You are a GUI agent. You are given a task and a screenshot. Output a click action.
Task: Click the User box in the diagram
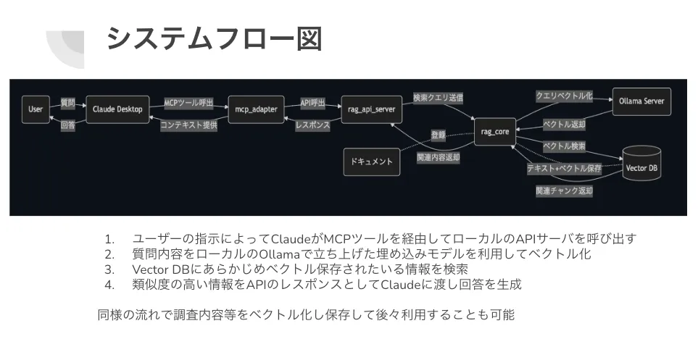[x=36, y=109]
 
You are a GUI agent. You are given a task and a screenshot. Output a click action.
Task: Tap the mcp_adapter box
[x=256, y=109]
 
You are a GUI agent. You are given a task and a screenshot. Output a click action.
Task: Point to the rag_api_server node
[x=367, y=109]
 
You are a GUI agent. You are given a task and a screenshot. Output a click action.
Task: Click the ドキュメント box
[x=371, y=161]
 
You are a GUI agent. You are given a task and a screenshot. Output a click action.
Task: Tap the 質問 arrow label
[x=67, y=103]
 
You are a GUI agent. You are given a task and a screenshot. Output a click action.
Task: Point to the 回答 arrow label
[x=67, y=125]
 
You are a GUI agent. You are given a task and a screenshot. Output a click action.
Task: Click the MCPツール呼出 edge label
[x=188, y=103]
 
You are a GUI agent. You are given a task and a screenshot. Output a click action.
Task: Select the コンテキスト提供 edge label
[x=188, y=125]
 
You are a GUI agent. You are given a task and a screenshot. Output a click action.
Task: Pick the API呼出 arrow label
[x=312, y=103]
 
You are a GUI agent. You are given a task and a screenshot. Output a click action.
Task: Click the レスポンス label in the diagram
[x=312, y=125]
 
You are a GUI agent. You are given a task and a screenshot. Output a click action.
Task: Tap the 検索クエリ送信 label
[x=437, y=96]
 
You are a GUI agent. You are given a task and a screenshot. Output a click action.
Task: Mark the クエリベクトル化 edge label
[x=564, y=95]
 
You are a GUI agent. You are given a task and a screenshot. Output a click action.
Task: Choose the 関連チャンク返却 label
[x=564, y=191]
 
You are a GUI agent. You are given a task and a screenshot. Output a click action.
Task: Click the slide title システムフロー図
[x=214, y=38]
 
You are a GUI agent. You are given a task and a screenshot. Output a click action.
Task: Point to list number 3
[x=109, y=269]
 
